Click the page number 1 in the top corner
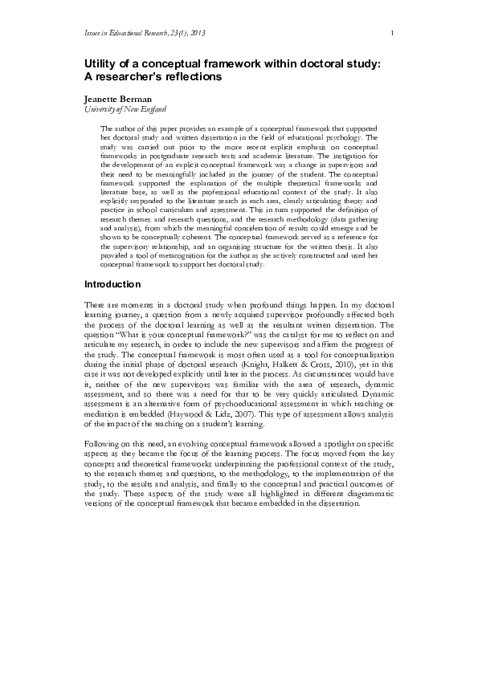pos(391,32)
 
